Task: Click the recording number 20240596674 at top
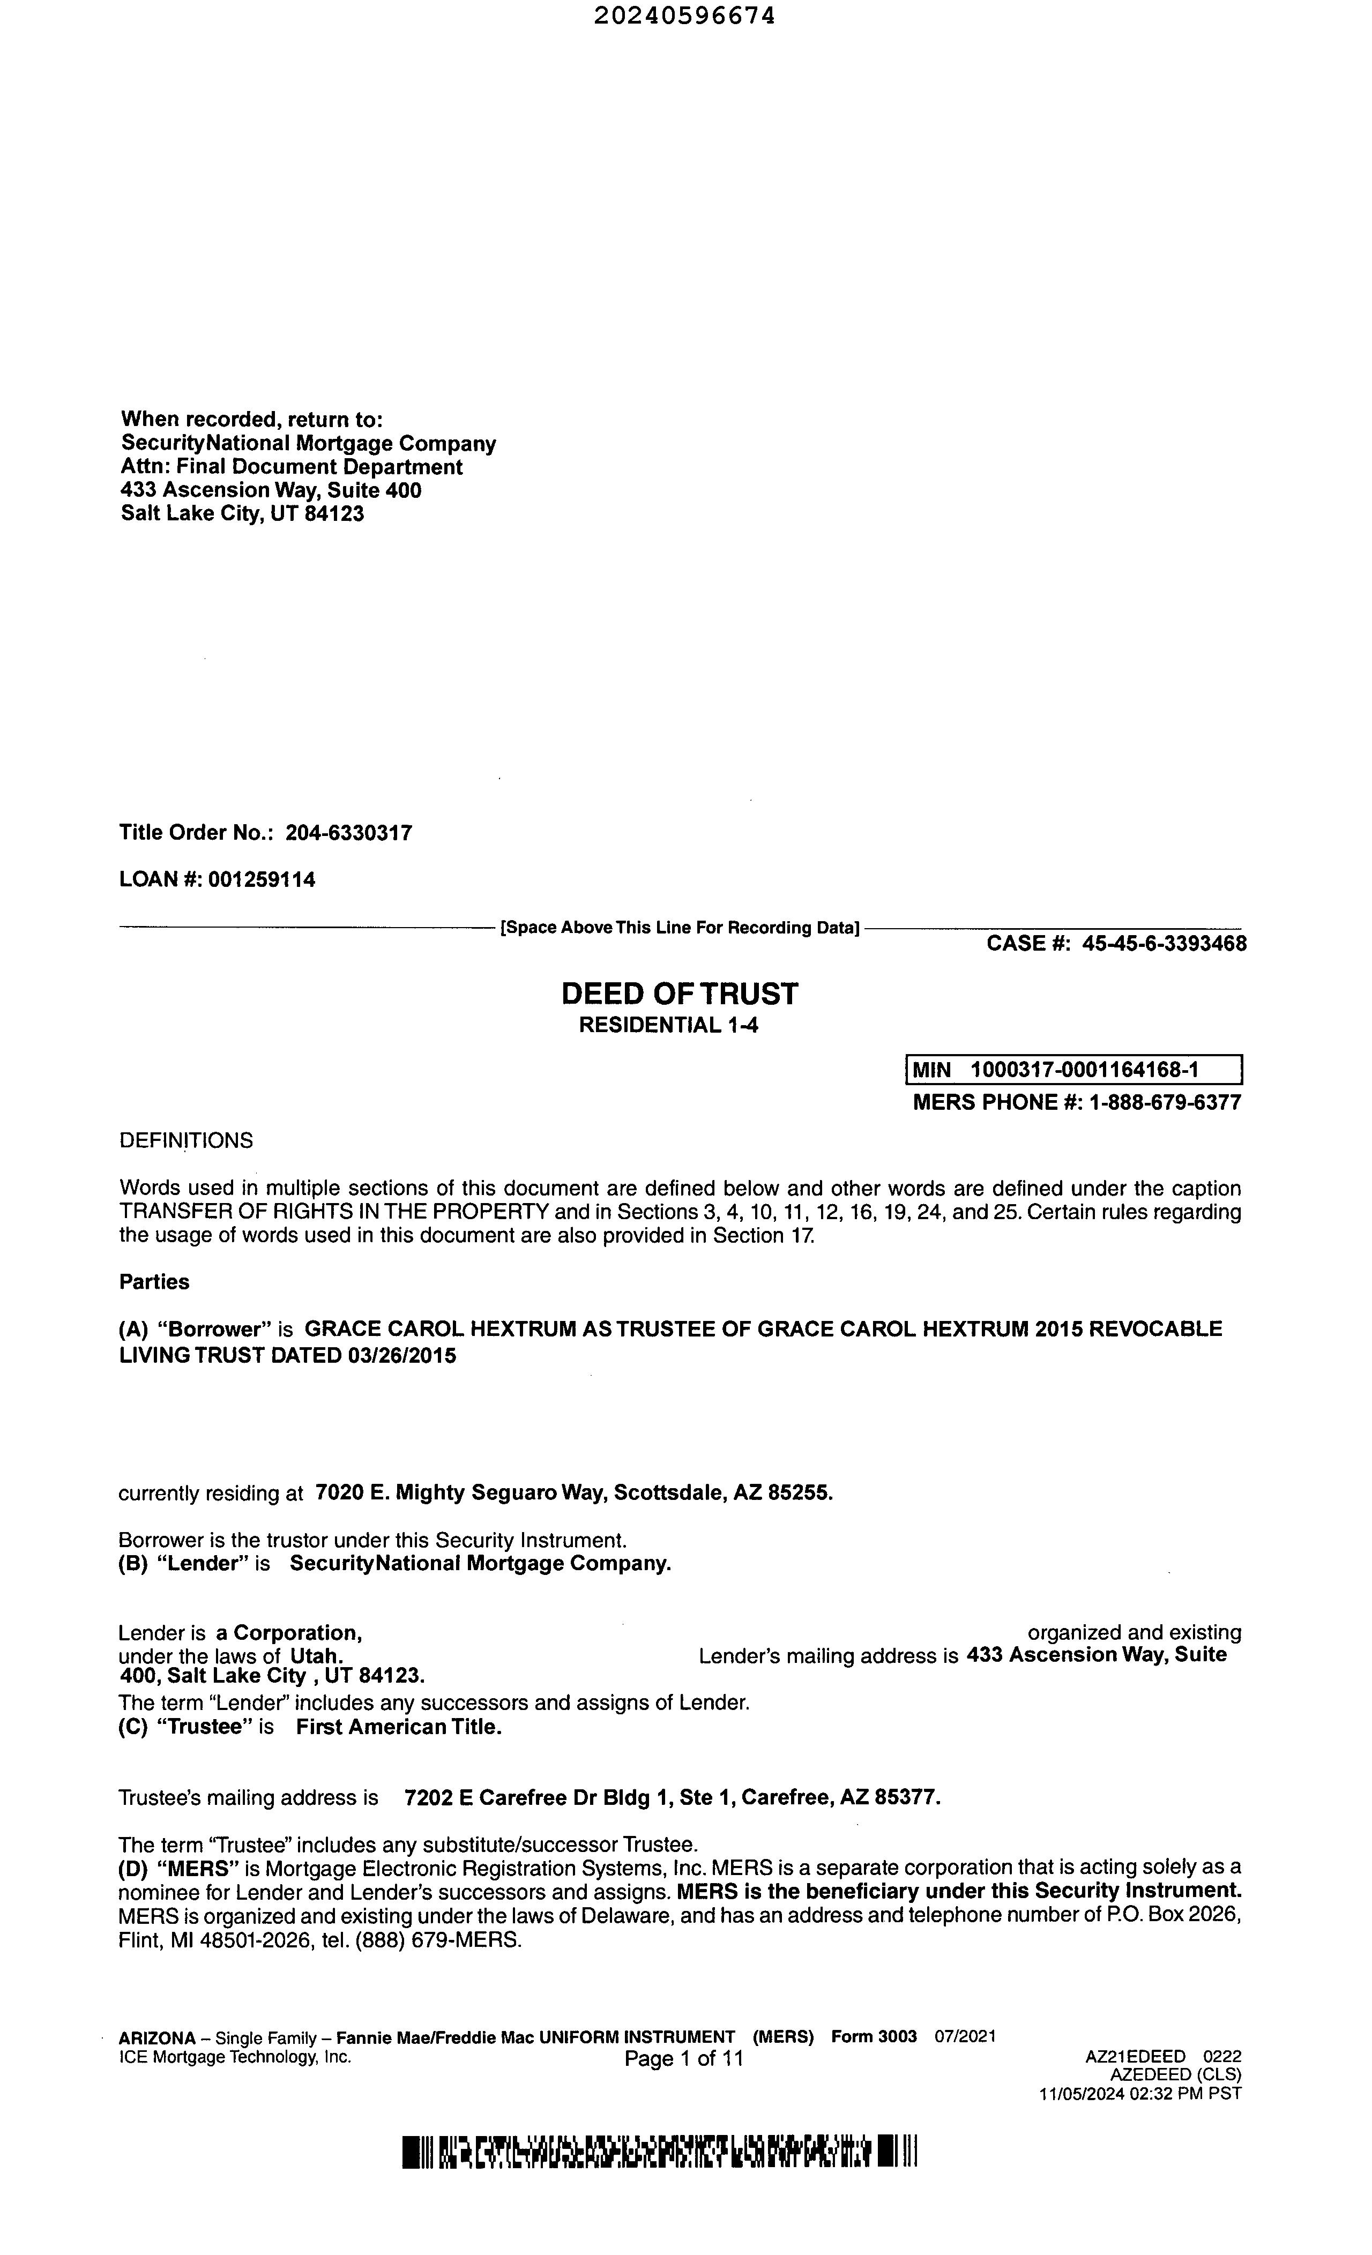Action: [x=684, y=16]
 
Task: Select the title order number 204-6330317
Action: [x=349, y=833]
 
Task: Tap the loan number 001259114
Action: [x=262, y=879]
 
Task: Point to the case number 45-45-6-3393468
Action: [x=1164, y=944]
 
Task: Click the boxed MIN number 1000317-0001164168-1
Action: [x=1085, y=1070]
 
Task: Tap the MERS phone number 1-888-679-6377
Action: [x=1164, y=1102]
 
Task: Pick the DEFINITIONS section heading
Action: [x=186, y=1140]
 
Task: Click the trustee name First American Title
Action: [x=399, y=1727]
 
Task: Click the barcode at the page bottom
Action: [x=659, y=2152]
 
